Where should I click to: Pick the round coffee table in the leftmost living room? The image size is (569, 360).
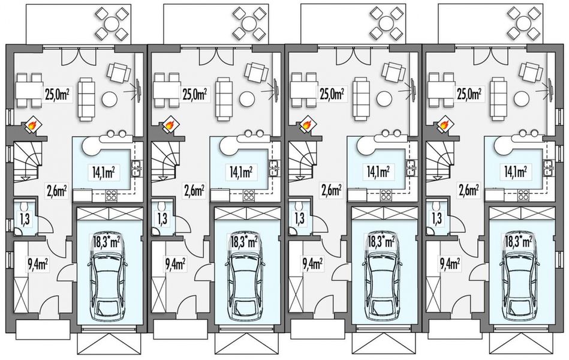(109, 98)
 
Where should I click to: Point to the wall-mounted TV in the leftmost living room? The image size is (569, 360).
(138, 89)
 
